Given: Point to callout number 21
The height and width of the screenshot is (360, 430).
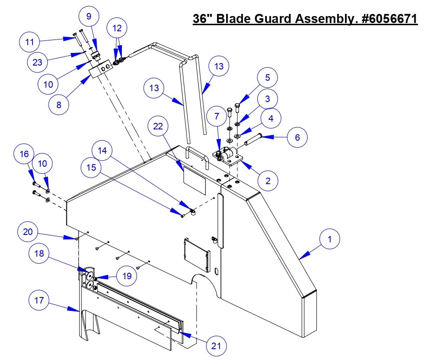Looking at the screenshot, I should (215, 346).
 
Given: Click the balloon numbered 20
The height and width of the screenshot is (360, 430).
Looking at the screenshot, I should (29, 231).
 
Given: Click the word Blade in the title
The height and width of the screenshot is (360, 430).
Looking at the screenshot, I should (237, 19).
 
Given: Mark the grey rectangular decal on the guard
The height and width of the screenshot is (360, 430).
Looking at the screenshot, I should (194, 180).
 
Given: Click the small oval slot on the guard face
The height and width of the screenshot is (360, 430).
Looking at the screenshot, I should (216, 272).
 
